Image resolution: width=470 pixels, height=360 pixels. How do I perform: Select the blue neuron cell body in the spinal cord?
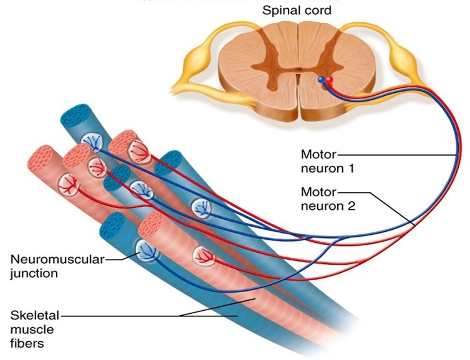click(322, 80)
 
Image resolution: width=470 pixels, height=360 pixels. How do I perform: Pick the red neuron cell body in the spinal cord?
click(329, 79)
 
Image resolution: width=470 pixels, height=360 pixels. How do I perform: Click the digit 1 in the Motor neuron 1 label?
click(351, 168)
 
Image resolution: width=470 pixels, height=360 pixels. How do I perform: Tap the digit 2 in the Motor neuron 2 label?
click(351, 206)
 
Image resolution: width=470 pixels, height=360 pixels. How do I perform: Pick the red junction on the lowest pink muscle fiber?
click(203, 255)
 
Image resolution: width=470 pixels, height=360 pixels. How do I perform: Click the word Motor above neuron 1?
click(318, 154)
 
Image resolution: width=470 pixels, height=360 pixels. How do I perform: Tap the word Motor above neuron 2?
click(318, 192)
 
